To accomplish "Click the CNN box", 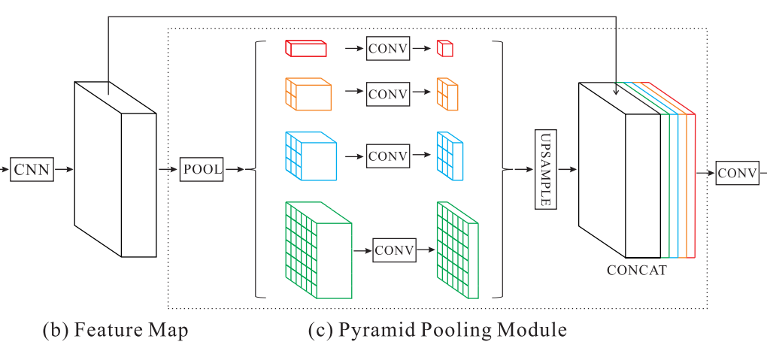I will [32, 170].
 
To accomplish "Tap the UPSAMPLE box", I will [545, 170].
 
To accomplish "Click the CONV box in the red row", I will [387, 50].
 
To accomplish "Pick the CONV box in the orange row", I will [387, 94].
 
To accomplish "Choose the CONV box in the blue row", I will [387, 156].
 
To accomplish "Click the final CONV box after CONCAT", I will [737, 173].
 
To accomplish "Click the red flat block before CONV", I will [306, 49].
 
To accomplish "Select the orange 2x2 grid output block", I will [447, 95].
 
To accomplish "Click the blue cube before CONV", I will [311, 156].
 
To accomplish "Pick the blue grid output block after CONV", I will [450, 156].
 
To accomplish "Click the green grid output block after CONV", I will [457, 250].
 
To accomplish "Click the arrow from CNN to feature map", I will [64, 170].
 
